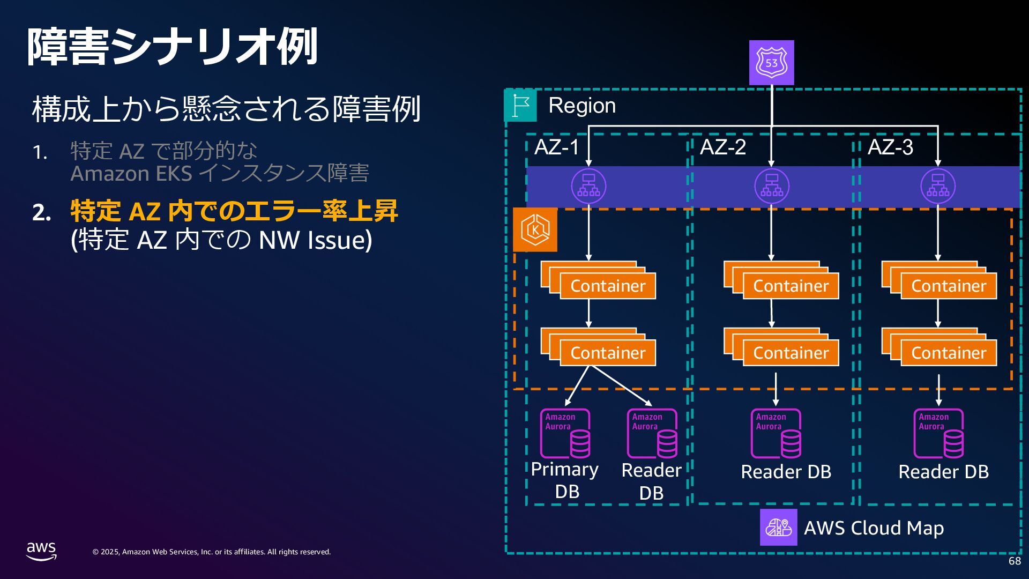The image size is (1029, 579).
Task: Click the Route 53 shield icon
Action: (x=771, y=63)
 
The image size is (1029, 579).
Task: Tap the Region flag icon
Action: (x=520, y=105)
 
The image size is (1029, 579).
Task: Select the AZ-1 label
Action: (x=557, y=147)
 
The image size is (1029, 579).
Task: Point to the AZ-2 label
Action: (x=723, y=147)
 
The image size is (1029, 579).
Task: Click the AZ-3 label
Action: (x=890, y=147)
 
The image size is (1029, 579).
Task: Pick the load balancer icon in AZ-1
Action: (x=588, y=186)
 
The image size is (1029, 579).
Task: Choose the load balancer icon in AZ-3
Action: (x=938, y=186)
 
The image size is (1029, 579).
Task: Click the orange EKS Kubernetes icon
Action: (x=535, y=230)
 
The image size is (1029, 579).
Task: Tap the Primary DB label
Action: (x=565, y=480)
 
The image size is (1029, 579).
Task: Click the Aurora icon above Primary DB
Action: (x=565, y=434)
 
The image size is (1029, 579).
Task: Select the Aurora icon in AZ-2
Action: (x=776, y=434)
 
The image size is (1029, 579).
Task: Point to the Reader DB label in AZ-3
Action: (x=943, y=472)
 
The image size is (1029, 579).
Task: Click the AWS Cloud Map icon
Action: (x=778, y=528)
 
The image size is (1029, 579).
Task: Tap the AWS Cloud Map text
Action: (x=874, y=528)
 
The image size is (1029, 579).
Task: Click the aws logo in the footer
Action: (x=41, y=551)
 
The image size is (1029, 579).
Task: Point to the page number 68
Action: (x=1015, y=561)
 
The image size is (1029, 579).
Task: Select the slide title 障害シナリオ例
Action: (x=173, y=47)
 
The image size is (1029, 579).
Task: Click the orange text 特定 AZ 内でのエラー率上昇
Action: (x=234, y=211)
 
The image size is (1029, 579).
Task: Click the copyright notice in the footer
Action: (x=212, y=552)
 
